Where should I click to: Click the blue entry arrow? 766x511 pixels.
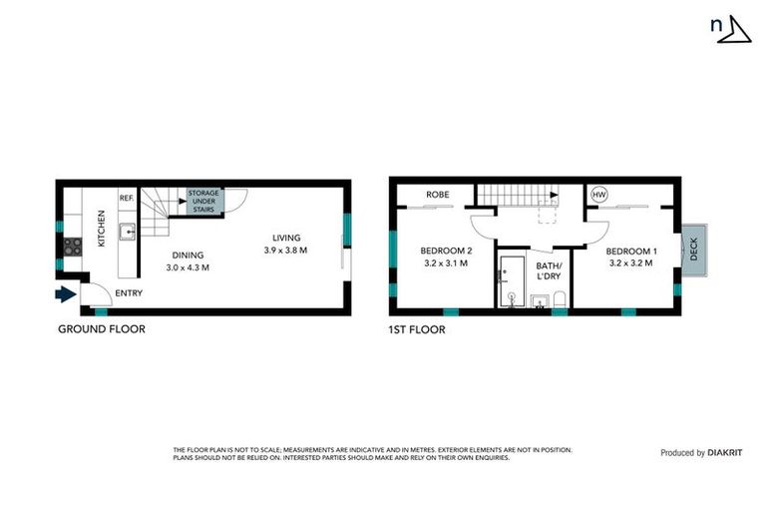tap(65, 293)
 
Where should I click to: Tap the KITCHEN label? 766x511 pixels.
tap(101, 229)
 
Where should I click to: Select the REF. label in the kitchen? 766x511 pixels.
tap(127, 198)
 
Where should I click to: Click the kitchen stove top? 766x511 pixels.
tap(73, 246)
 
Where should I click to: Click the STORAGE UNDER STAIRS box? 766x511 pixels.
tap(205, 200)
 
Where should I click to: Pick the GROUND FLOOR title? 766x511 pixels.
tap(101, 328)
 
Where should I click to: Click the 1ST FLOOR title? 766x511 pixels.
tap(417, 328)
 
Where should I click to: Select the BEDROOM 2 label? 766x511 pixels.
tap(445, 250)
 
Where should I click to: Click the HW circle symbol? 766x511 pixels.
tap(599, 194)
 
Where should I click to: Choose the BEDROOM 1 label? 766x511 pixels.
tap(631, 250)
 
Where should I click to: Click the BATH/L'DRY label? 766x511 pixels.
tap(550, 270)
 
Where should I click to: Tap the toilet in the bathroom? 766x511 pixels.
tap(560, 298)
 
